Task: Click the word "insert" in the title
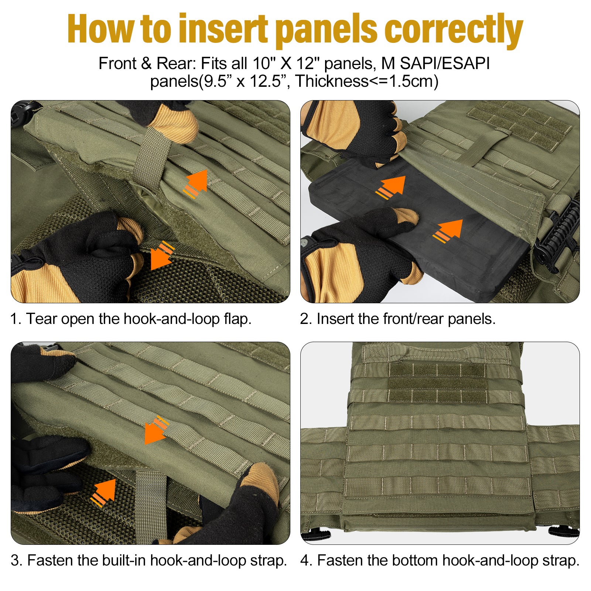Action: (x=223, y=29)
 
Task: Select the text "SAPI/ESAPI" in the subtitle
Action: (x=445, y=64)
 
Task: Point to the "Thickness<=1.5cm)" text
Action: (x=367, y=81)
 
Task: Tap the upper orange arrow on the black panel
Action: (x=391, y=188)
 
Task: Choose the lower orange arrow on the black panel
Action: (x=448, y=231)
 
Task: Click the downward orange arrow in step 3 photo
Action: (x=156, y=430)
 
